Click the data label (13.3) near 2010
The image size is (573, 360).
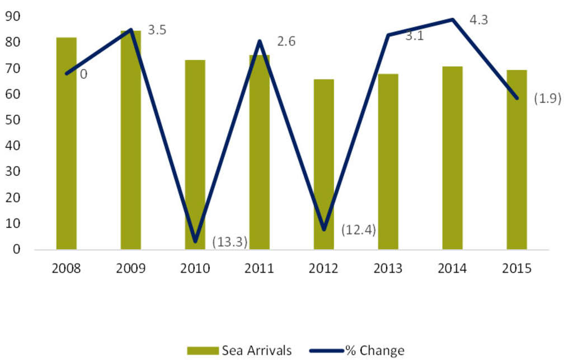tap(230, 241)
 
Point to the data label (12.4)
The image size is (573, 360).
tap(359, 230)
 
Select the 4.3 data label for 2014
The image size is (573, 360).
tap(478, 20)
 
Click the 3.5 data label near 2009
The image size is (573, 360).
tap(157, 30)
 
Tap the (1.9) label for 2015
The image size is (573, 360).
tap(547, 99)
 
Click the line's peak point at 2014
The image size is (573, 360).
tap(452, 20)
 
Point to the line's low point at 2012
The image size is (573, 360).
tap(324, 229)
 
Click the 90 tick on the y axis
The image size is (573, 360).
tap(12, 17)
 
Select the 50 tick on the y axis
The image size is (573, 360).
tap(12, 120)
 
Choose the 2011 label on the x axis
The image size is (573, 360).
tap(259, 269)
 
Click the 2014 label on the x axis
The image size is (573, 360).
tap(452, 269)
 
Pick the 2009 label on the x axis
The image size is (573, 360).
tap(130, 269)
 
